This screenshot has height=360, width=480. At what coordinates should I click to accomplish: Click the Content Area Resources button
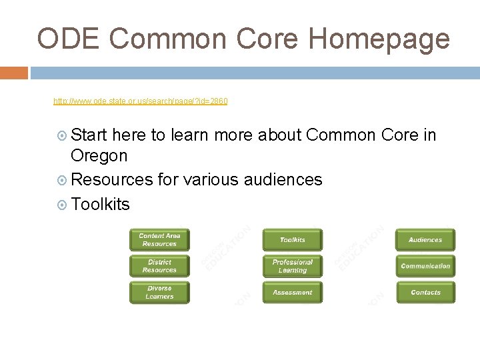click(159, 240)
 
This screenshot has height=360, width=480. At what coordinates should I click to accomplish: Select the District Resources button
click(159, 266)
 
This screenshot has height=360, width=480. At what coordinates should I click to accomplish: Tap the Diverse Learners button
click(159, 293)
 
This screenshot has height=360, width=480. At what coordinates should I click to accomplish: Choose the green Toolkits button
click(292, 240)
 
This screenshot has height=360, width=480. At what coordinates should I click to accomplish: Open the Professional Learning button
click(292, 266)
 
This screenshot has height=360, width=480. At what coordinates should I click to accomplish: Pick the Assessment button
click(292, 293)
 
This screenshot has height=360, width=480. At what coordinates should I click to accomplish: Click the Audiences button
click(425, 240)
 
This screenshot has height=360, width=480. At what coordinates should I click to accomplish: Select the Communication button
click(425, 266)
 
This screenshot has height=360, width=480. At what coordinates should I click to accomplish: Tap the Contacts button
click(425, 293)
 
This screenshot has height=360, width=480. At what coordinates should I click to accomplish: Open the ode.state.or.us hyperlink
click(140, 101)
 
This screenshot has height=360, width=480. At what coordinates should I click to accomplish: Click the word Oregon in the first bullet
click(99, 156)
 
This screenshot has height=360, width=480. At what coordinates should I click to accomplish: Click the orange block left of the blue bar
click(13, 72)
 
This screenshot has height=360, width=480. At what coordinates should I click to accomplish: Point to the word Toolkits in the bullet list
click(100, 204)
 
